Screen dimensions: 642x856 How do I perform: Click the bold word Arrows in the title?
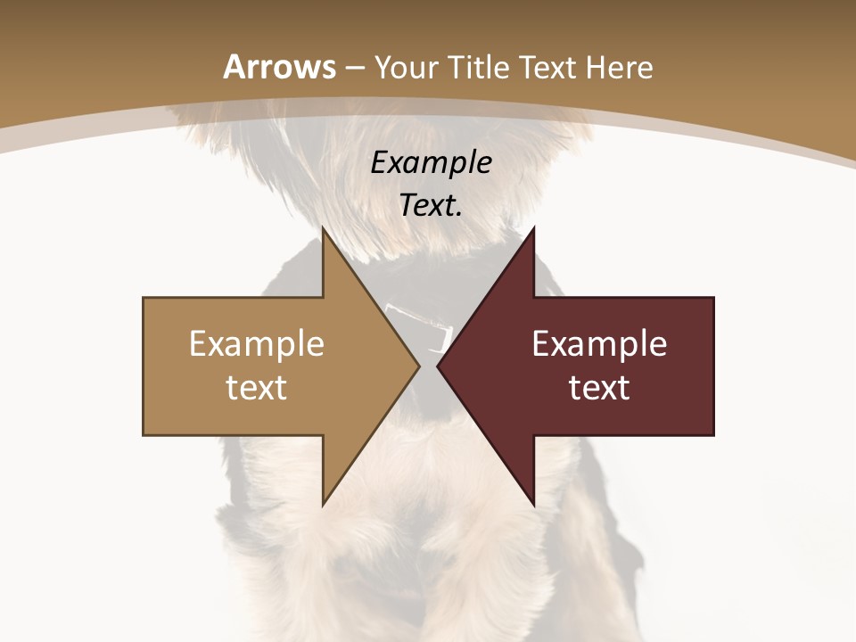tap(279, 67)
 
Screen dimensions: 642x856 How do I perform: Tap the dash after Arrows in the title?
tap(354, 69)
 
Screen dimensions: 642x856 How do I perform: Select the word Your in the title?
tap(402, 67)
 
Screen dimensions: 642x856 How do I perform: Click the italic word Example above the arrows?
tap(432, 163)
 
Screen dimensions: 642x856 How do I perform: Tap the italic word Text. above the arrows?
tap(432, 206)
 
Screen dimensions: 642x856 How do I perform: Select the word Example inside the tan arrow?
tap(257, 344)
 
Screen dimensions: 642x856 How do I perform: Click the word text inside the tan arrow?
tap(257, 388)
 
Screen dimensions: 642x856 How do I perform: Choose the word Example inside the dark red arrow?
tap(599, 344)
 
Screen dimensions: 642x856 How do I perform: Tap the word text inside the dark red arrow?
tap(599, 388)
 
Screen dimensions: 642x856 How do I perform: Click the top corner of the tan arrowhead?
tap(324, 229)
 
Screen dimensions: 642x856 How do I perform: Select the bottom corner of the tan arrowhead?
tap(324, 504)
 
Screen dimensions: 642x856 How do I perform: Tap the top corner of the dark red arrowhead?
tap(533, 229)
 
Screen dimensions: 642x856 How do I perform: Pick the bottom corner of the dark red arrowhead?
tap(533, 504)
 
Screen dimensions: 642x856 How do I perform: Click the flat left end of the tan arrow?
tap(144, 366)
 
